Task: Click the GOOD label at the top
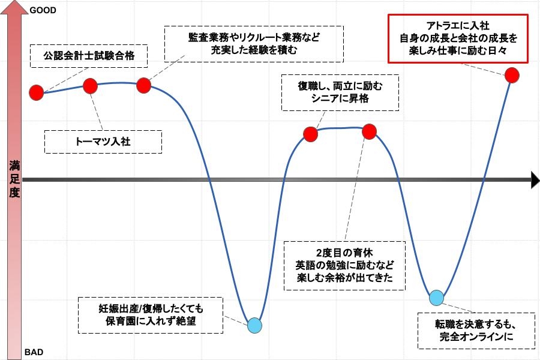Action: (x=43, y=10)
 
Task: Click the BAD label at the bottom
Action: (x=34, y=352)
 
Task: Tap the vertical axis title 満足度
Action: (x=14, y=179)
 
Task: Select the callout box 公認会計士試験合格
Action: (x=89, y=56)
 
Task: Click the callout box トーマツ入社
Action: (x=103, y=142)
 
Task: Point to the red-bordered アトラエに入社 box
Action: (x=458, y=38)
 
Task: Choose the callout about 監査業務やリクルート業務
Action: (x=254, y=44)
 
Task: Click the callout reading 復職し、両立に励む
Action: (x=340, y=92)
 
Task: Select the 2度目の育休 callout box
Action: (x=344, y=265)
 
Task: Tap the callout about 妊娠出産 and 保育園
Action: (x=151, y=315)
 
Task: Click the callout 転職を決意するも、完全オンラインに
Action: (x=476, y=331)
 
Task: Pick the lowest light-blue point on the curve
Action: (x=255, y=325)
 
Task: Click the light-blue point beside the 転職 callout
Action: (x=437, y=298)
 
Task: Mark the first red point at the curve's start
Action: (x=36, y=92)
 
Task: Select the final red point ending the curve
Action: (x=512, y=75)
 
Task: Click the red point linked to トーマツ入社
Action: (x=90, y=86)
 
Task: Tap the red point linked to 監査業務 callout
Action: (x=143, y=85)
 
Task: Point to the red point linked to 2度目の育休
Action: (x=369, y=131)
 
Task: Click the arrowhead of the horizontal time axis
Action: (x=535, y=180)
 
